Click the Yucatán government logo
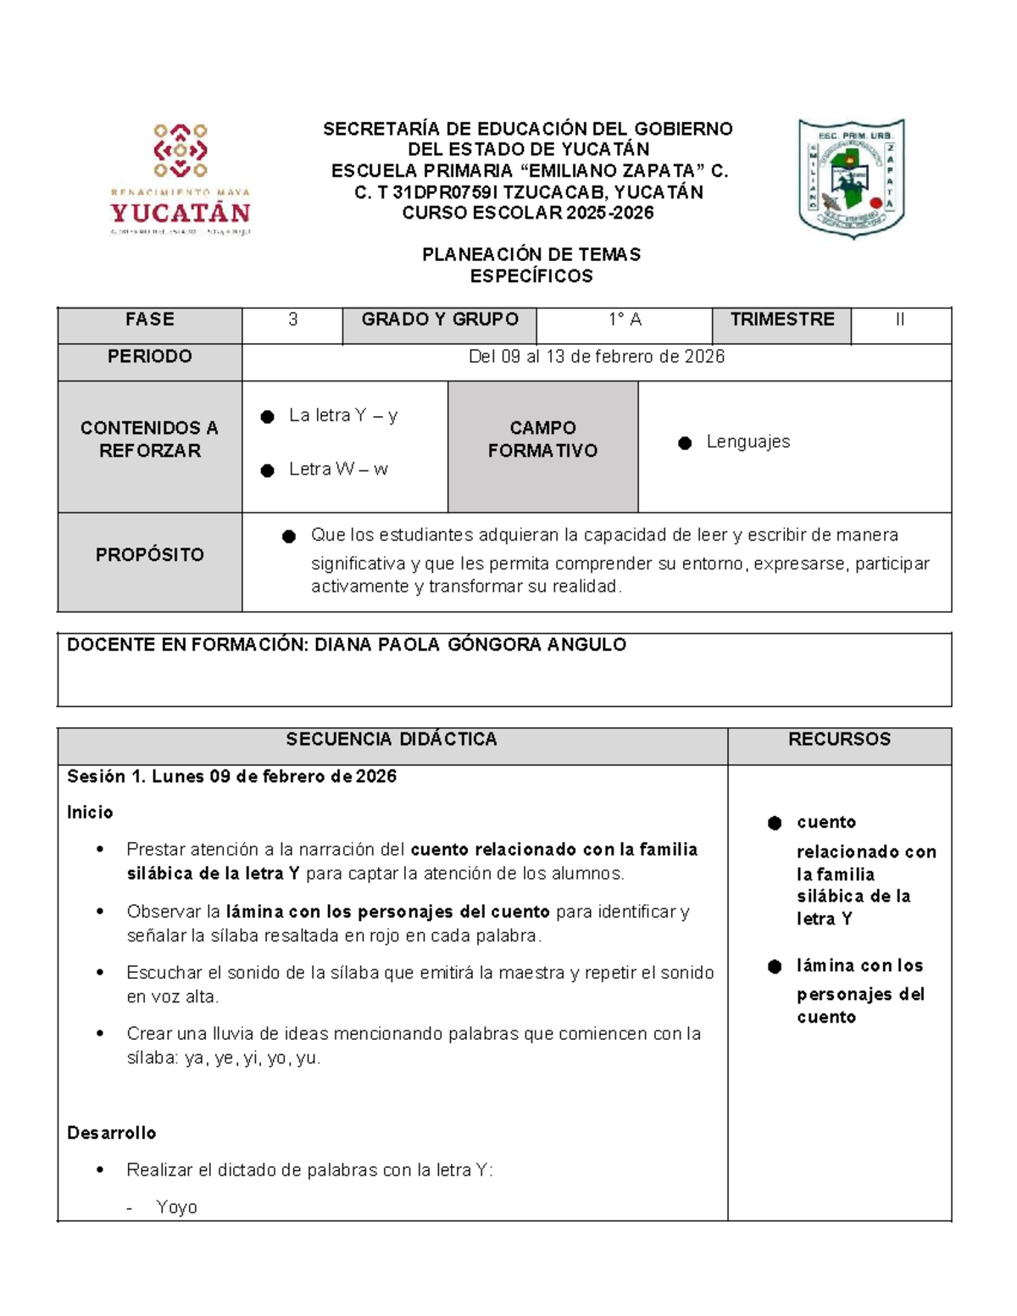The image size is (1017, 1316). [180, 179]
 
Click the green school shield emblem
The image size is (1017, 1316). [851, 178]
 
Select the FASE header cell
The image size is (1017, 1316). [149, 319]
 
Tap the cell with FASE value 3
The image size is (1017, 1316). [292, 319]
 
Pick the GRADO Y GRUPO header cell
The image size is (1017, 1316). [439, 319]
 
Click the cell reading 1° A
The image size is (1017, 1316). [625, 319]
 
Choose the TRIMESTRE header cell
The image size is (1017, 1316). [781, 319]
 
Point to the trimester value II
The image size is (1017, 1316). [900, 319]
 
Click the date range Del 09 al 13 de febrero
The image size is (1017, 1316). [596, 357]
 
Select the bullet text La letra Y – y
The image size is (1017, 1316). [342, 415]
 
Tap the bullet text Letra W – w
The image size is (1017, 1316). [337, 469]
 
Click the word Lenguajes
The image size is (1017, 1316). [747, 441]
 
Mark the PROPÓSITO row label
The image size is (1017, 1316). [149, 555]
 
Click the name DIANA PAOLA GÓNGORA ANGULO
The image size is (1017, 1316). [470, 645]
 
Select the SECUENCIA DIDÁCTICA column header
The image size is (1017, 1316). [391, 739]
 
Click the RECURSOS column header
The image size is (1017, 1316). [839, 739]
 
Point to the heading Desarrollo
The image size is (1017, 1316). [111, 1133]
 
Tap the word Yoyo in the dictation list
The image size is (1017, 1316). [176, 1208]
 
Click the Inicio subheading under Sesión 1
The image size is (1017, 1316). [90, 813]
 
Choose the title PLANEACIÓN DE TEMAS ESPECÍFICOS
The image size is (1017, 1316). [531, 265]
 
